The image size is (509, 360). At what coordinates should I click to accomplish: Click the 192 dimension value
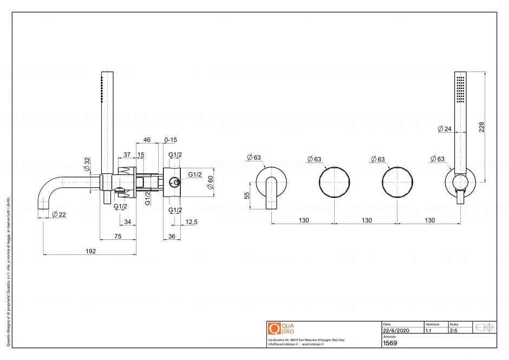[90, 251]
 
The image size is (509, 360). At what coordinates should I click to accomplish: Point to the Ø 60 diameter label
[210, 182]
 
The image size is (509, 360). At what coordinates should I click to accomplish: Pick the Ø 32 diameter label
[87, 164]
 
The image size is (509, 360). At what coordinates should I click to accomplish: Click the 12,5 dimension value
[191, 221]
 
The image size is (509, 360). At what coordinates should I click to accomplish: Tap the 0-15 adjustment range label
[171, 140]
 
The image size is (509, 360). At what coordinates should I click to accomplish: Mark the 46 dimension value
[146, 140]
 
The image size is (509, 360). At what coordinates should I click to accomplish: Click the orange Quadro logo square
[274, 329]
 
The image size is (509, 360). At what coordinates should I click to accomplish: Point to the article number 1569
[390, 343]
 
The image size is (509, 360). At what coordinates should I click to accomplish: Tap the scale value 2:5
[453, 330]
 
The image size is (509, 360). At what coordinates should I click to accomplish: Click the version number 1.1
[428, 330]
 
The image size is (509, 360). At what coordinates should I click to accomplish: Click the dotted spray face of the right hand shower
[460, 88]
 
